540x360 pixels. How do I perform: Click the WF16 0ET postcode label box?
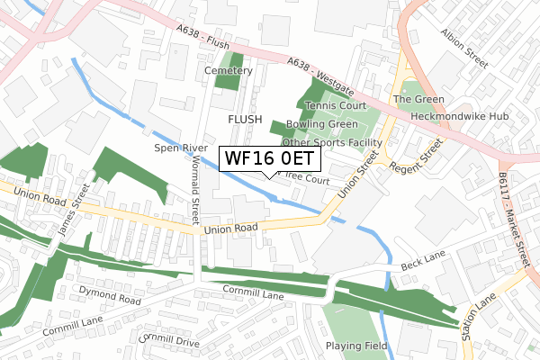pyautogui.click(x=269, y=158)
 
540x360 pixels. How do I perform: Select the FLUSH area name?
pyautogui.click(x=244, y=119)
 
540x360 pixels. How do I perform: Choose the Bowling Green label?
pyautogui.click(x=322, y=124)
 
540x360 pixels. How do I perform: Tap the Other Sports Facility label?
pyautogui.click(x=332, y=142)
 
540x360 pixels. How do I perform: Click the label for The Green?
pyautogui.click(x=413, y=99)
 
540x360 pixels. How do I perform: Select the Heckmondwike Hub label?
pyautogui.click(x=460, y=117)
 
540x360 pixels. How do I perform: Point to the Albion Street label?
pyautogui.click(x=463, y=48)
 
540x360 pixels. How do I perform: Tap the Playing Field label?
pyautogui.click(x=356, y=345)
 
